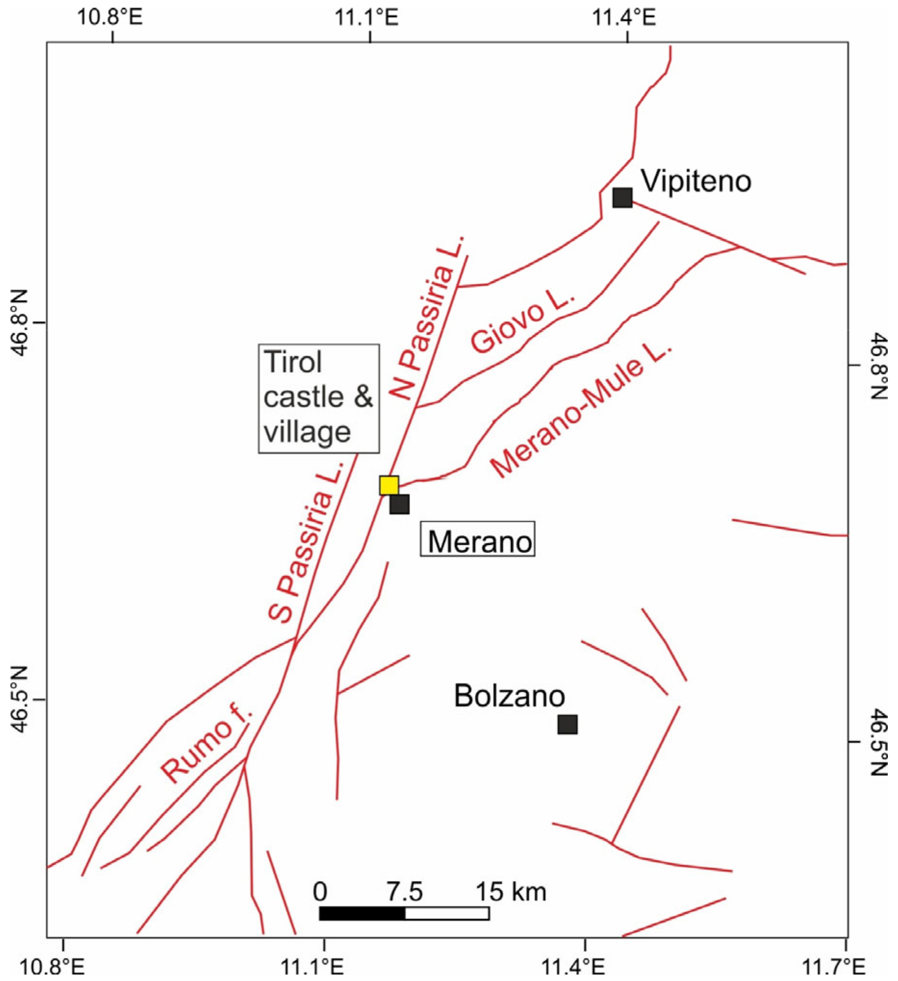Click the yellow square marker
(x=389, y=485)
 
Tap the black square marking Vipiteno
(x=622, y=198)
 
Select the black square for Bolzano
(x=567, y=725)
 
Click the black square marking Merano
(x=399, y=504)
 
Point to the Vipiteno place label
(x=696, y=181)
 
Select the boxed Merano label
(x=478, y=539)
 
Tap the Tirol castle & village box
(x=319, y=399)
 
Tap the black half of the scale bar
(x=362, y=913)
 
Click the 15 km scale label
(x=511, y=892)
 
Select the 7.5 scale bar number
(x=405, y=892)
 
